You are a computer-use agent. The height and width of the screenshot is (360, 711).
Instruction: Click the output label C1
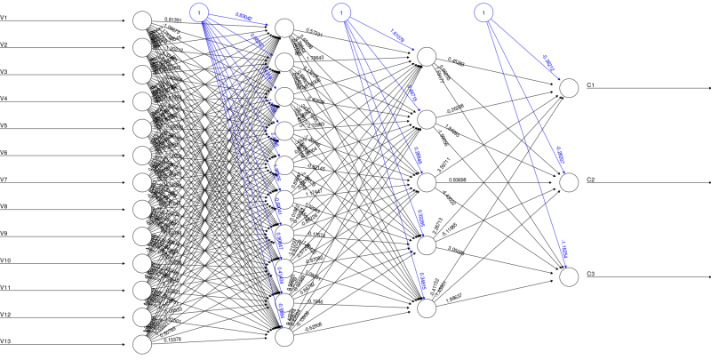[x=590, y=84]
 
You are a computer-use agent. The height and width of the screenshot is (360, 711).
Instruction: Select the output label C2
[x=590, y=180]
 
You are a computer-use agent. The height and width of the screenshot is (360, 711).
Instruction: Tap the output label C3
[x=590, y=273]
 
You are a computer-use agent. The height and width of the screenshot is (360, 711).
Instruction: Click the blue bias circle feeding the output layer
[x=481, y=12]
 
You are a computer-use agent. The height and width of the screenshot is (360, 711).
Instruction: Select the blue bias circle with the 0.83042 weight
[x=203, y=12]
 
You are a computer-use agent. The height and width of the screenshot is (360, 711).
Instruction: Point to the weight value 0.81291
[x=177, y=18]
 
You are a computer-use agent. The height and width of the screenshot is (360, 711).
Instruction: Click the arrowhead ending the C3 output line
[x=707, y=277]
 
